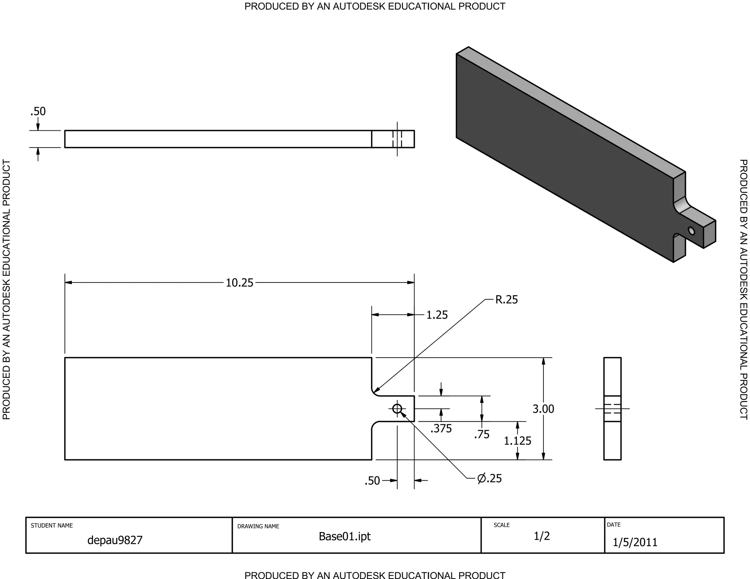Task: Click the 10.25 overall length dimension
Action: pos(240,283)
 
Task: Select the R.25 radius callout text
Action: pos(506,300)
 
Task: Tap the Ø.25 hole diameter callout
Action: pos(490,478)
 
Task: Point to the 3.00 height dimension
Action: pos(543,409)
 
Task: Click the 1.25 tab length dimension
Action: pos(437,315)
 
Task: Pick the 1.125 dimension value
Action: pos(517,441)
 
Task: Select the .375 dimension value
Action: pos(441,428)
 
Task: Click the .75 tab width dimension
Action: pos(482,434)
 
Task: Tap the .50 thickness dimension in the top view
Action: pos(38,111)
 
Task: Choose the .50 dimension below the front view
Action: pos(372,481)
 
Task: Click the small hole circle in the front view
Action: pos(397,409)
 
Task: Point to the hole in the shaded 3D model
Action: pos(691,231)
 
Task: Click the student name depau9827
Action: pos(115,540)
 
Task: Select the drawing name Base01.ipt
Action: pos(345,537)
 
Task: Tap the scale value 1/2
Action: pos(542,536)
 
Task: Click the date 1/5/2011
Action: pos(635,542)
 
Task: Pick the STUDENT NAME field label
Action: pos(52,526)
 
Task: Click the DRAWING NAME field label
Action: pos(258,526)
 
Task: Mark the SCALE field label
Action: pos(501,525)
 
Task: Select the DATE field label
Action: pos(613,524)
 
